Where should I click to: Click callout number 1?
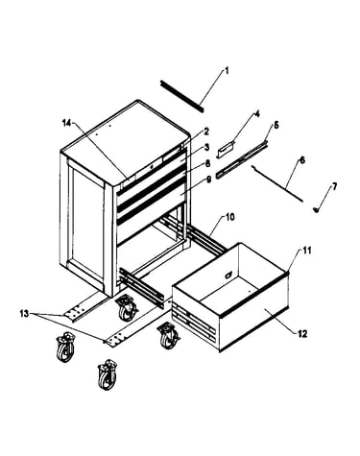tap(227, 71)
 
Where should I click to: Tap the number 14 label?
tap(66, 123)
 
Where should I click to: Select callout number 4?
tap(256, 114)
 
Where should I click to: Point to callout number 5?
tap(276, 125)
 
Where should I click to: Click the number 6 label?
tap(301, 160)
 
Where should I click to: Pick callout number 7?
tap(334, 186)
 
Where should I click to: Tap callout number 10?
tap(230, 217)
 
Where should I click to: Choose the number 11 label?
tap(307, 251)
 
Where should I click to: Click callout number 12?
tap(302, 334)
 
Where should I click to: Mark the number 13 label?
tap(25, 314)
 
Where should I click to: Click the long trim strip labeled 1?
tap(181, 96)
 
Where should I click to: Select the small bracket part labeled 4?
tap(226, 150)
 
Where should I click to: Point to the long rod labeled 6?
tap(277, 183)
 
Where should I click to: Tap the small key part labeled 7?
tap(316, 209)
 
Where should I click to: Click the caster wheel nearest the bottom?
tap(108, 374)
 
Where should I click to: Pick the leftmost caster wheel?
tap(65, 347)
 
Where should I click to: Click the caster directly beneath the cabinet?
tap(127, 308)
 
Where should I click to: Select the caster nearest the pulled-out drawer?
tap(168, 336)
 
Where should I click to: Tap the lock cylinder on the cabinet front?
tap(153, 166)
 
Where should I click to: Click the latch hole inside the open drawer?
tap(228, 275)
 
